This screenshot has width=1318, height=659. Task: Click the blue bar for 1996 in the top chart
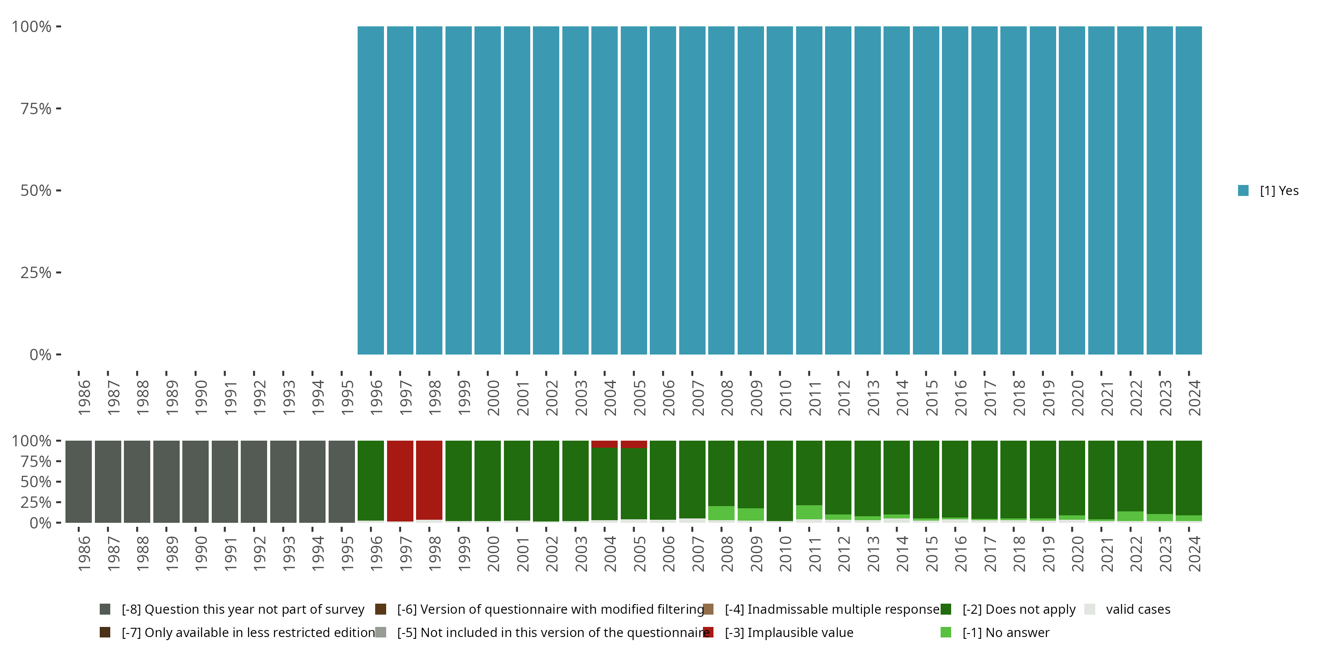(370, 190)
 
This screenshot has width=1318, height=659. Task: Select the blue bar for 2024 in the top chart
(1188, 190)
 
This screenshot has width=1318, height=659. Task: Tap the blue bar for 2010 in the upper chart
(780, 190)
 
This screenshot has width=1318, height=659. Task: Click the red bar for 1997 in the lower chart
(400, 481)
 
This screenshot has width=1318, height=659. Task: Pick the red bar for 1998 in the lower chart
(429, 480)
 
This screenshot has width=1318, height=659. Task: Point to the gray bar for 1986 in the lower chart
(78, 482)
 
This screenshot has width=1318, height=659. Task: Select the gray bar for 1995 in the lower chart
(341, 482)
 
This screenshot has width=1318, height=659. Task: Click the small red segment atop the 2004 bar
(604, 444)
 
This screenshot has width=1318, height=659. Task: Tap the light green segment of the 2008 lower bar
(721, 513)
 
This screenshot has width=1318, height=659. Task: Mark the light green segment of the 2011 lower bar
(809, 512)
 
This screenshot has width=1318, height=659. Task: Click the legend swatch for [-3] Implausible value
(708, 632)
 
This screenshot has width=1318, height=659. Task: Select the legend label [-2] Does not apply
(1019, 609)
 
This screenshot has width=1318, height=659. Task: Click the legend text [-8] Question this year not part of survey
(243, 609)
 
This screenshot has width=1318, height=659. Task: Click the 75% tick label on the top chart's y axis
(36, 109)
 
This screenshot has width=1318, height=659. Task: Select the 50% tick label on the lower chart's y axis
(36, 482)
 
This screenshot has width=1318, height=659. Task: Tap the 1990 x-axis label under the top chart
(201, 398)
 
